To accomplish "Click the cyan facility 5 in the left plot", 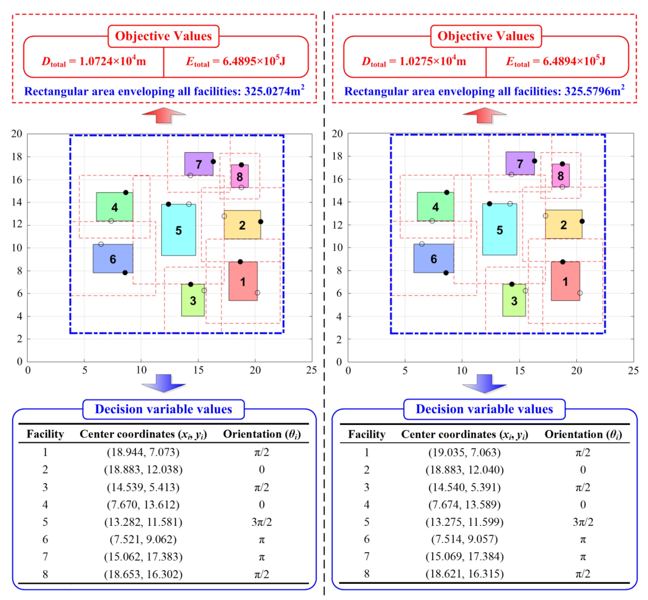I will point(178,230).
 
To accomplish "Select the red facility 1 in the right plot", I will point(565,281).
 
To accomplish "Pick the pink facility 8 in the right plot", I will point(561,175).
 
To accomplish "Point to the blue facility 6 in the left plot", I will point(113,259).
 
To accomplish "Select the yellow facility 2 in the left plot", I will point(242,225).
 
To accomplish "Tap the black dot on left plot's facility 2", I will point(261,221).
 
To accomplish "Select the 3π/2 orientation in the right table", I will point(583,522).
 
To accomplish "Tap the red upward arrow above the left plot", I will point(163,116).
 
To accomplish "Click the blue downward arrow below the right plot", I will point(484,383).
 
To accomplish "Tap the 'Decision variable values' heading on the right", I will point(484,409).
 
